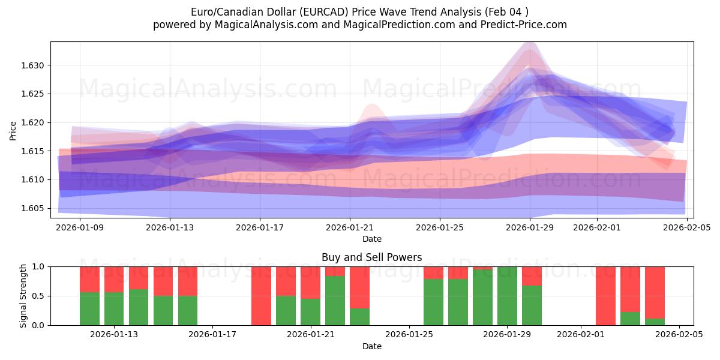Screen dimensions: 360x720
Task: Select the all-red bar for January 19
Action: point(261,296)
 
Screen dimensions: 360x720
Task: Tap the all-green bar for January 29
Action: point(507,296)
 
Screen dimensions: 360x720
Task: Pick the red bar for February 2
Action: point(605,296)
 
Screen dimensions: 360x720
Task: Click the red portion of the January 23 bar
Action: point(359,287)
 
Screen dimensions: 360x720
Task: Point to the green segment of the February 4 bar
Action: point(655,322)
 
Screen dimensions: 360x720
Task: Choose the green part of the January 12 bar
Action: point(89,308)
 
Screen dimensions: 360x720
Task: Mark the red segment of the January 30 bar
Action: point(532,275)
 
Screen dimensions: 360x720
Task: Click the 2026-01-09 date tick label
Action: point(80,227)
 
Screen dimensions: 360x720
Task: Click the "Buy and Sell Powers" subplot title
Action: point(371,257)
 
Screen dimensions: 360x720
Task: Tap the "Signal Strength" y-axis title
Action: point(23,296)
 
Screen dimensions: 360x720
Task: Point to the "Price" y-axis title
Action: point(13,130)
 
